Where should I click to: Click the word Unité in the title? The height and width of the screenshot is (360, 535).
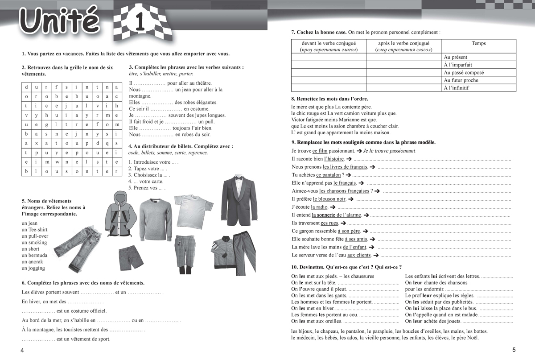click(x=59, y=22)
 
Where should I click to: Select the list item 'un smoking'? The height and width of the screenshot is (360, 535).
click(x=34, y=243)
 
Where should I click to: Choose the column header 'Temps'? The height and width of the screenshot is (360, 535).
click(x=478, y=44)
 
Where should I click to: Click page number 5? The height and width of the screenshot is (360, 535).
click(x=514, y=350)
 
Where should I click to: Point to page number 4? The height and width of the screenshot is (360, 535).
click(x=22, y=351)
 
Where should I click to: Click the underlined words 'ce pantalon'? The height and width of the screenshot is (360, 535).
click(x=329, y=175)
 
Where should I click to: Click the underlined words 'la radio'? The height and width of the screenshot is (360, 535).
click(x=319, y=207)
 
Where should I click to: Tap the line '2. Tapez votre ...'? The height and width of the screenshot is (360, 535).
click(x=148, y=169)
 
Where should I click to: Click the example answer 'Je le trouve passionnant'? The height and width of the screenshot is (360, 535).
click(x=389, y=151)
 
